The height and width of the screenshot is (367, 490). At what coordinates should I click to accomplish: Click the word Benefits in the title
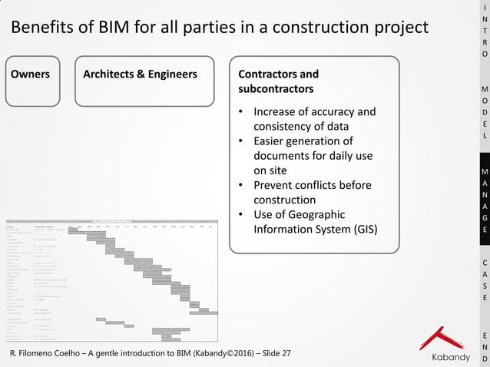tap(38, 28)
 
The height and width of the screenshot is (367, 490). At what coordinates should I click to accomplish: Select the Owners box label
tap(31, 74)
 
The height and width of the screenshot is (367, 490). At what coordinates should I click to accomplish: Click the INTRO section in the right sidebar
tap(484, 31)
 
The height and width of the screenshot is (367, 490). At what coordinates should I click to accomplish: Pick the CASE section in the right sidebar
tap(484, 280)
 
